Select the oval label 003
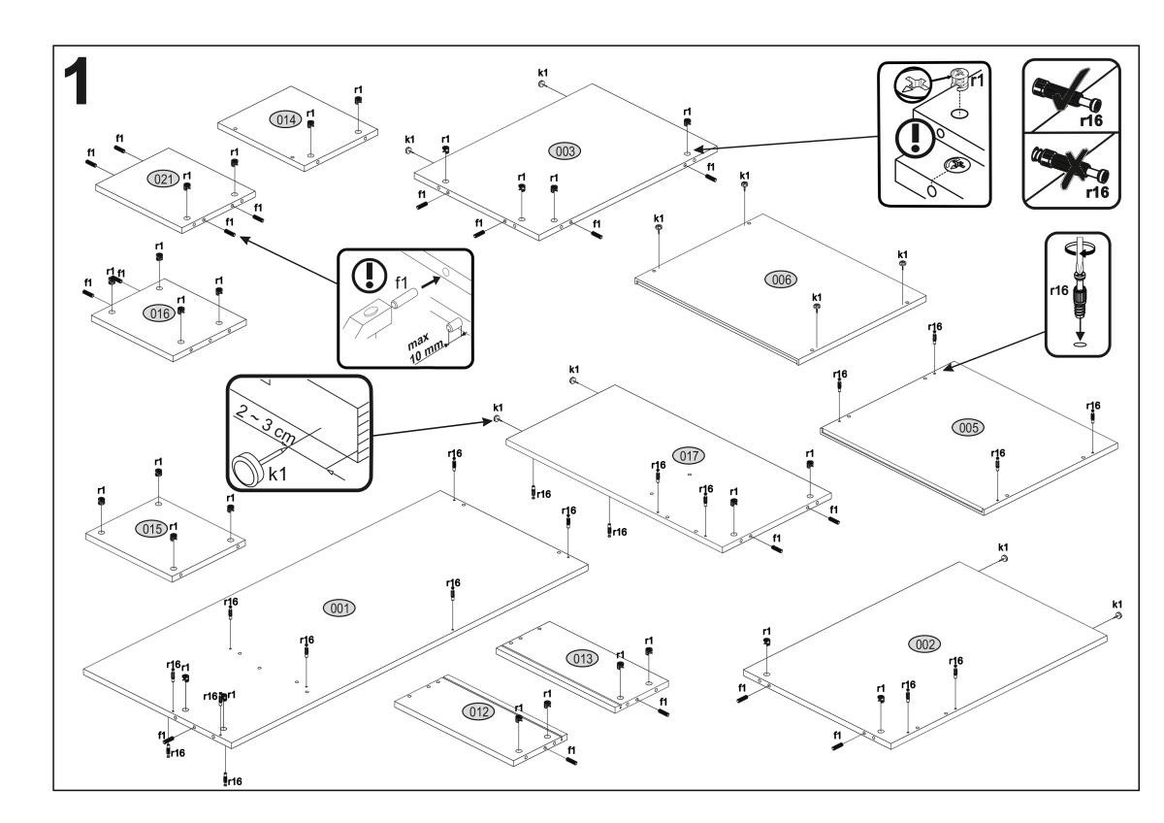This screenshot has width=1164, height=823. tap(564, 151)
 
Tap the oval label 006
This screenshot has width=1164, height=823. tap(780, 280)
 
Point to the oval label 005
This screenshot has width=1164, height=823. tap(968, 426)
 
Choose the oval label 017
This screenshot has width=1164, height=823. tap(690, 454)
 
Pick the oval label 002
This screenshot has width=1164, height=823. tap(922, 644)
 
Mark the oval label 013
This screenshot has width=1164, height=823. tap(582, 659)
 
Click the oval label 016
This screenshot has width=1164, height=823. tap(157, 313)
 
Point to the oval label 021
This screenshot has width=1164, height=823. tap(160, 180)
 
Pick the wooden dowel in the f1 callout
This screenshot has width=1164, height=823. tap(399, 294)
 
